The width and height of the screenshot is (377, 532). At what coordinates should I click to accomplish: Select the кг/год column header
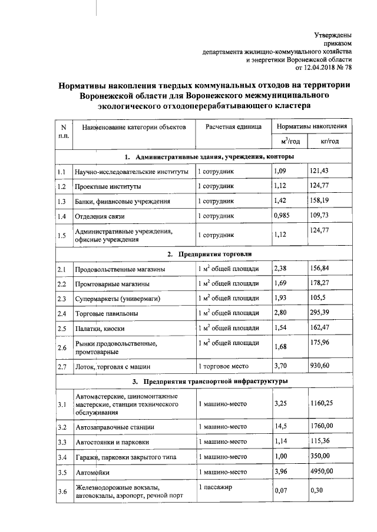[329, 141]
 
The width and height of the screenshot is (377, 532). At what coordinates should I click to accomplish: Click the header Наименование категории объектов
[134, 127]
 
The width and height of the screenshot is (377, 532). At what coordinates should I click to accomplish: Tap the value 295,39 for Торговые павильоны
[319, 313]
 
